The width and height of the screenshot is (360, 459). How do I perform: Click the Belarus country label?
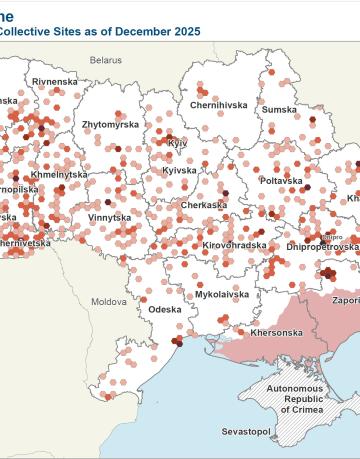[105, 60]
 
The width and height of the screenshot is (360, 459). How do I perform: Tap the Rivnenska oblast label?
[55, 81]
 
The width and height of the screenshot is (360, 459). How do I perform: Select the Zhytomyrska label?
[112, 125]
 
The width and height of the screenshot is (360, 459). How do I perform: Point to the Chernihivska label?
[218, 104]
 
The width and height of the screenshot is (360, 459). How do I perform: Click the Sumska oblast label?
[281, 109]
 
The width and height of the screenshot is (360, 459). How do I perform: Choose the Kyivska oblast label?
[179, 171]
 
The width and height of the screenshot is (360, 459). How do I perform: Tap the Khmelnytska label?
[60, 174]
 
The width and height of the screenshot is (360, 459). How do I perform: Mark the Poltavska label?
[281, 181]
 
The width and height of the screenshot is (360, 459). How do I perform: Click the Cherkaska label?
[204, 205]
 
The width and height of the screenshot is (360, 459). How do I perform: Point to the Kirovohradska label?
[234, 244]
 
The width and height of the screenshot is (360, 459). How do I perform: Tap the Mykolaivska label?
[222, 295]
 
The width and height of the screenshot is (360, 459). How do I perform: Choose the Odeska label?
[165, 309]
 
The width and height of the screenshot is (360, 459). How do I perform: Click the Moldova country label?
[109, 301]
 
